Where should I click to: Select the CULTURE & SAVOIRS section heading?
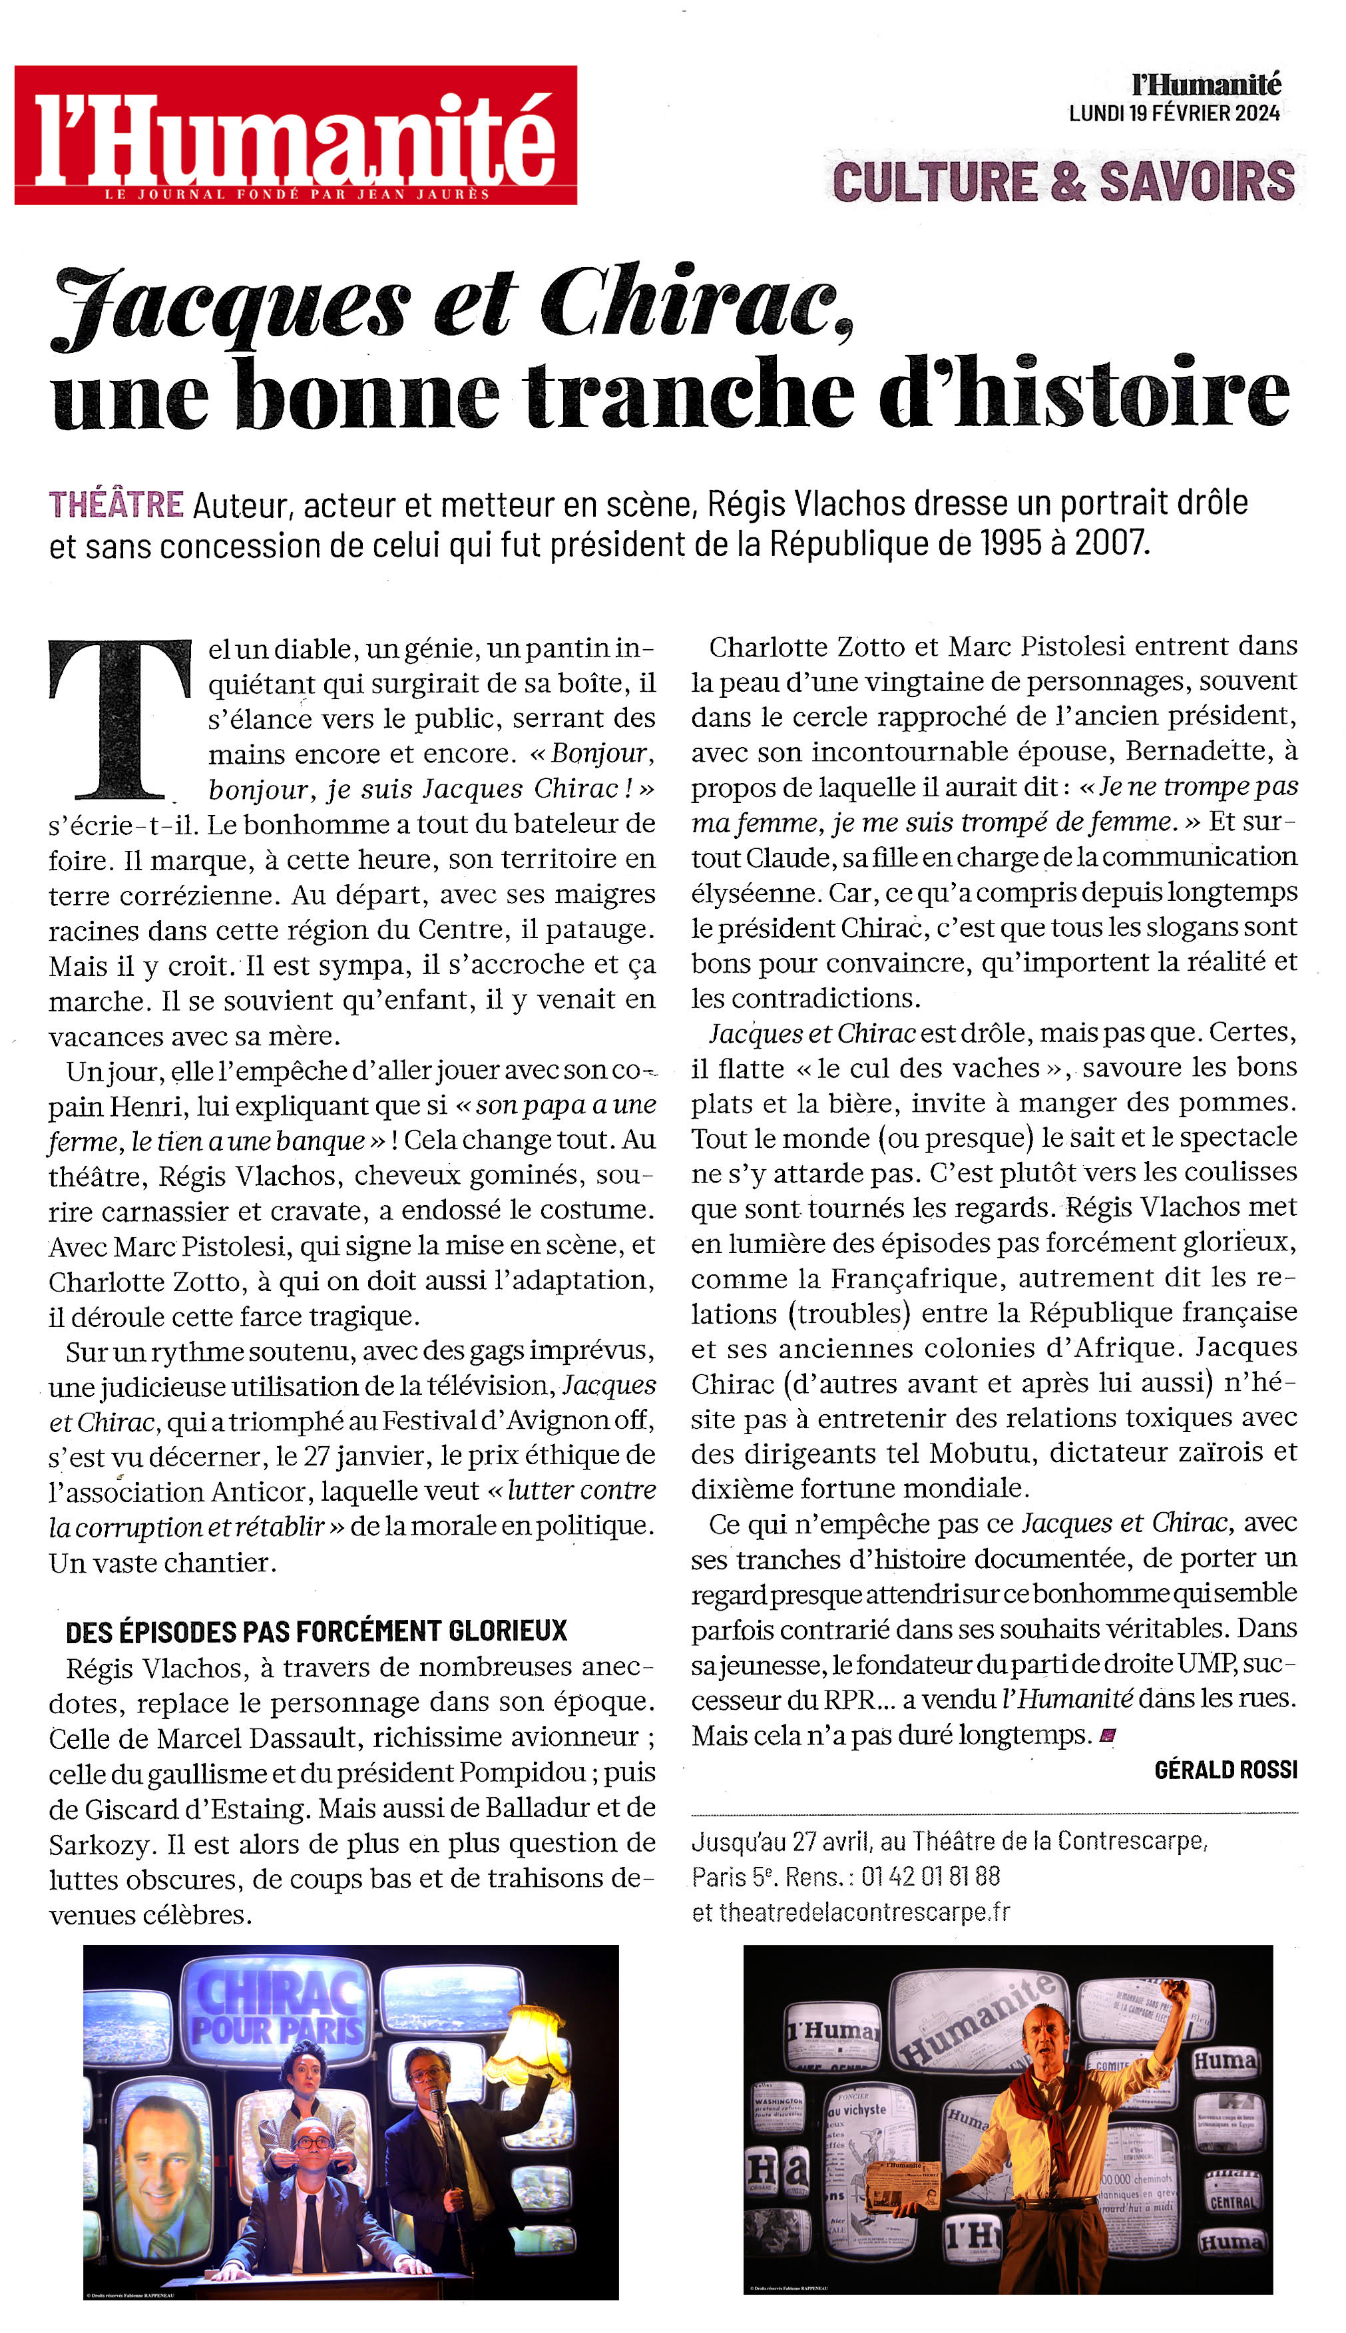(x=1063, y=181)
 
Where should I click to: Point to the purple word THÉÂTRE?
(x=116, y=505)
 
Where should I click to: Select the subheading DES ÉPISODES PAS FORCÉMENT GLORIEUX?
(x=316, y=1631)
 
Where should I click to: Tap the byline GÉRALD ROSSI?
(x=1225, y=1769)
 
